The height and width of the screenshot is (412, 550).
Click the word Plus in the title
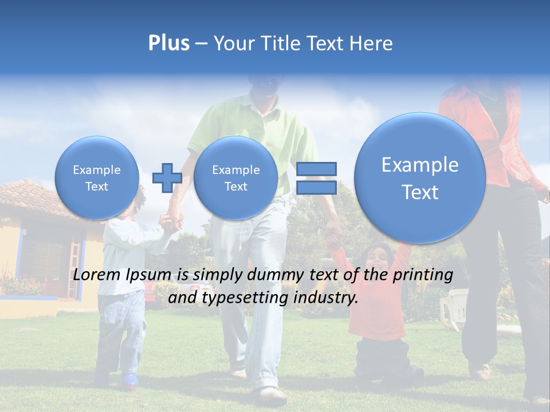pos(168,43)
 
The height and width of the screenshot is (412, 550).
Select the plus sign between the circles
pos(167,178)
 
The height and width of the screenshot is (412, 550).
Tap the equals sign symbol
pos(316,178)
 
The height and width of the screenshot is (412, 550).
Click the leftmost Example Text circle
pos(96,178)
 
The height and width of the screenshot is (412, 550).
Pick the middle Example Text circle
pos(235,178)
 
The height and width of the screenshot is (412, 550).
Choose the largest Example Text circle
pos(420,178)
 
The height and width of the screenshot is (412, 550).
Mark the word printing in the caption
pos(423,275)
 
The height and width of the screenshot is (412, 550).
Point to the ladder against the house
pos(76,252)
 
